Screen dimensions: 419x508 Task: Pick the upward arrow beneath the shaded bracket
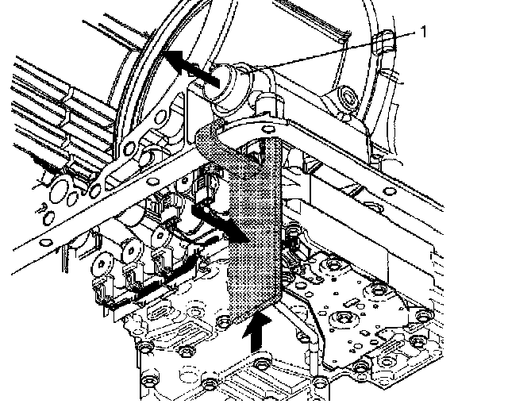pos(256,329)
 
